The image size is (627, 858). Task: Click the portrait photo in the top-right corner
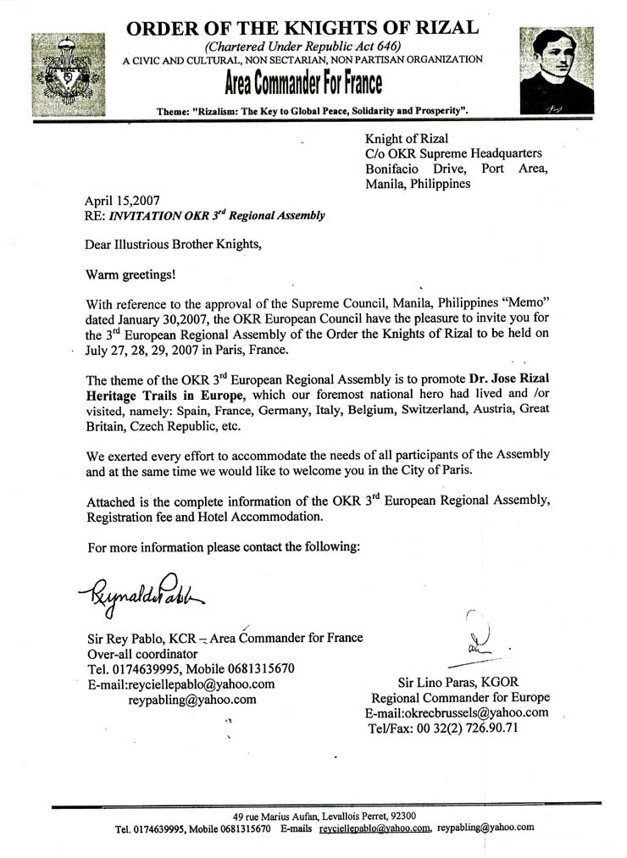point(556,69)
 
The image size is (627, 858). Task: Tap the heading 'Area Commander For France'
point(302,84)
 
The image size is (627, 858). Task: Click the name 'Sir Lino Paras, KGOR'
point(459,682)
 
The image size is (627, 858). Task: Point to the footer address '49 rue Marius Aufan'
point(275,815)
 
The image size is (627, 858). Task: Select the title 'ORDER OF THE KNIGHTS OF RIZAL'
point(302,28)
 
